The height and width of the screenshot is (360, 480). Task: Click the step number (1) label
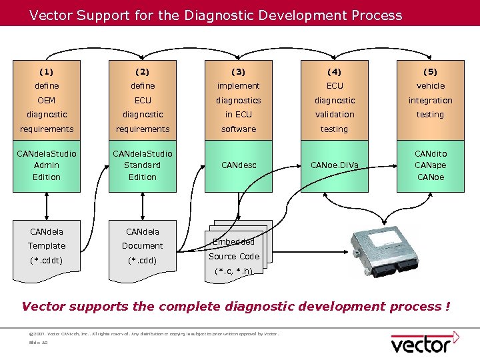pos(47,71)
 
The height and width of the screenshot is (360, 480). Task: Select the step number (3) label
pos(238,71)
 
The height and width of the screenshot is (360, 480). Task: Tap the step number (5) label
pos(430,71)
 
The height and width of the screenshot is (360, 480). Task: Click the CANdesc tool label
pos(238,165)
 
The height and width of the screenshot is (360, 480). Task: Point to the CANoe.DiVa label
pos(334,165)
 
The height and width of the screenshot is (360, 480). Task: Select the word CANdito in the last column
pos(430,154)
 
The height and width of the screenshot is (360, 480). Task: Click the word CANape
pos(430,165)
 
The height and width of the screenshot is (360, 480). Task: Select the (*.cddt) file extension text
pos(47,260)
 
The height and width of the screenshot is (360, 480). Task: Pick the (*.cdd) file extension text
pos(143,260)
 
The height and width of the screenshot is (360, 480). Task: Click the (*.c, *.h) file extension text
pos(233,271)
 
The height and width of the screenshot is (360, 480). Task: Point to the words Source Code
pos(233,256)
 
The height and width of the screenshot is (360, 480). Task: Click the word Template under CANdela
pos(47,246)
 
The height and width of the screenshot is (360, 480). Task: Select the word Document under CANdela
pos(143,246)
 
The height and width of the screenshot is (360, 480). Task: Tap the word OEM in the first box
pos(47,100)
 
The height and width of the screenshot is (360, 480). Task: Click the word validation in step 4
pos(334,115)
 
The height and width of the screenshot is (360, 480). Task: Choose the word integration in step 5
pos(430,100)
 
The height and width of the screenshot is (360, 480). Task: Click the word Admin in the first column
pos(47,165)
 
